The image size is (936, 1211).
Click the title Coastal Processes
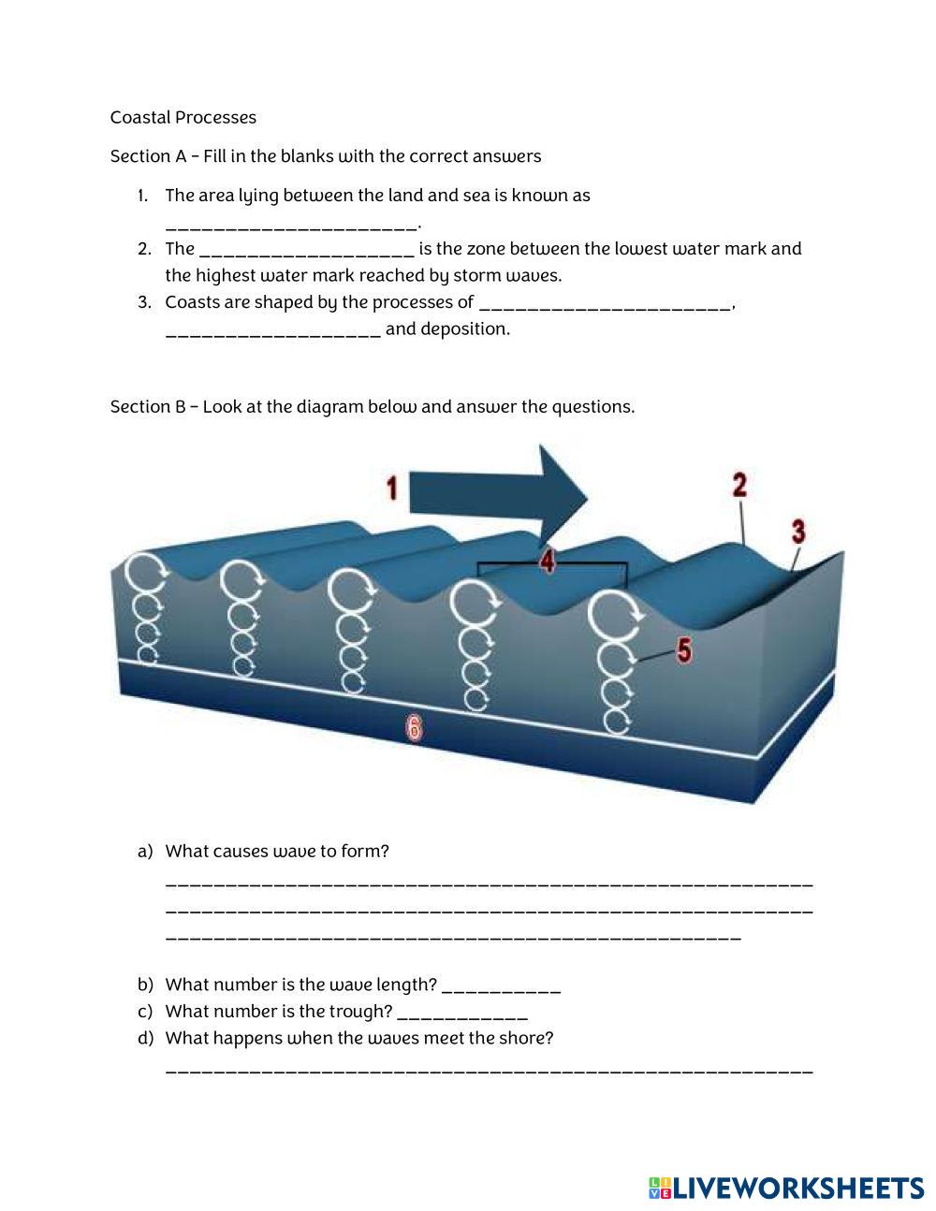183,117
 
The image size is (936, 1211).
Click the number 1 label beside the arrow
392,488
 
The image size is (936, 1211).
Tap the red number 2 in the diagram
739,485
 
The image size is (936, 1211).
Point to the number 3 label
798,532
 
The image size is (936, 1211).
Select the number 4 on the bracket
547,561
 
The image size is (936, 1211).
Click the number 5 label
684,649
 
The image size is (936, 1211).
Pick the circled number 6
414,727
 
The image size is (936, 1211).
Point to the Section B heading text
372,406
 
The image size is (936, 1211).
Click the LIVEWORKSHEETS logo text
798,1188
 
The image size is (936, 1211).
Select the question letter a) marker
144,851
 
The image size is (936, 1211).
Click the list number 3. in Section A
144,302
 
